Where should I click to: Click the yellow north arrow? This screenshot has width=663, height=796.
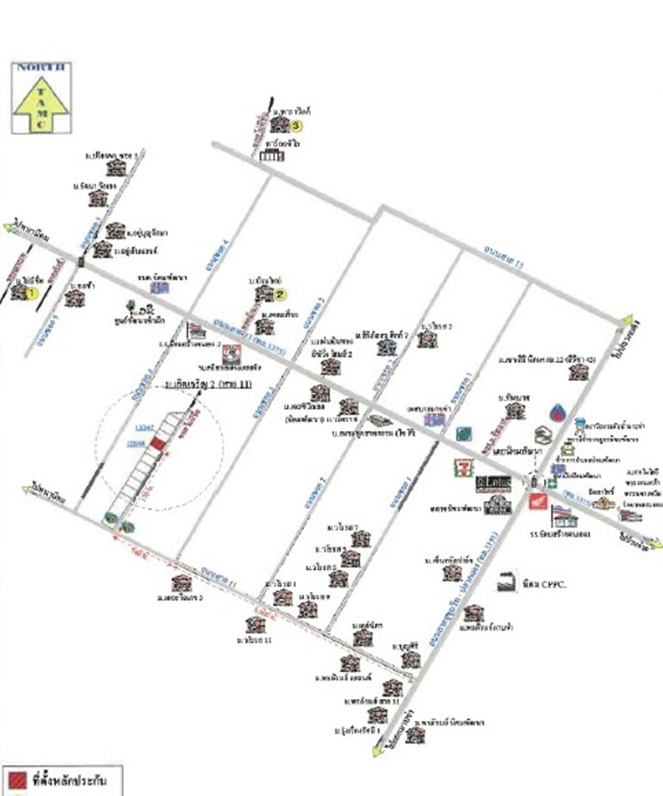coord(40,102)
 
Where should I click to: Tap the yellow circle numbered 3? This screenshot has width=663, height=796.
coord(297,126)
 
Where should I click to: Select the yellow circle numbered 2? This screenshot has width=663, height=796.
coord(280,294)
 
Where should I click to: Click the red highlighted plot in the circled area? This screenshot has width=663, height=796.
coord(159,444)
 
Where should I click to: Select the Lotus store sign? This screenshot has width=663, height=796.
coord(493,483)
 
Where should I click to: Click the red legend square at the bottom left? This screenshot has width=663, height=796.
coord(17,779)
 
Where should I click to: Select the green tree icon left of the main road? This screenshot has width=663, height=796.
coord(131,306)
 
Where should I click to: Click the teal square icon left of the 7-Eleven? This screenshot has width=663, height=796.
coord(462,434)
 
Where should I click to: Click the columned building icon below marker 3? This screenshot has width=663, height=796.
coord(271,155)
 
